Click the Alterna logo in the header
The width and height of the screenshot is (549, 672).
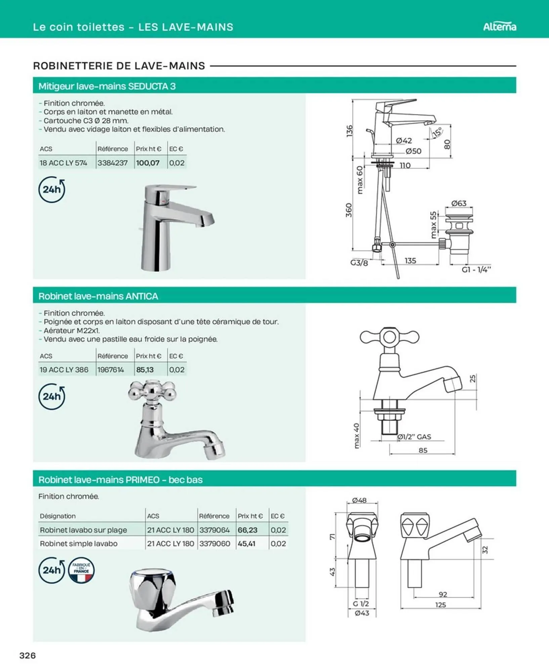tap(499, 27)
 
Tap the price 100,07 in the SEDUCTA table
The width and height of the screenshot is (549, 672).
tap(147, 163)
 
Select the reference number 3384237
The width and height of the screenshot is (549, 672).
tap(113, 163)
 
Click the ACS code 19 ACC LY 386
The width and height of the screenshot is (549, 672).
tap(64, 370)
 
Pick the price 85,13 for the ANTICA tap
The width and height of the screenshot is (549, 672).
tap(145, 370)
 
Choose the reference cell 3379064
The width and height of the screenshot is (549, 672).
tap(214, 530)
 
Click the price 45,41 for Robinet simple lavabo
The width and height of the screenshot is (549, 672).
tap(246, 543)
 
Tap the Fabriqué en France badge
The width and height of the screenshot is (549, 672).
tap(81, 570)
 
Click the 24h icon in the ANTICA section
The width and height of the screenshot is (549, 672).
tap(52, 396)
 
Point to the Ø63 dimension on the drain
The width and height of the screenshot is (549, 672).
tap(459, 203)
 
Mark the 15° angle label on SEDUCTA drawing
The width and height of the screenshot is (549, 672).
tap(437, 132)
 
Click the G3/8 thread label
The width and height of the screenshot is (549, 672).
tap(359, 263)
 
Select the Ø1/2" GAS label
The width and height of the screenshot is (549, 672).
tap(414, 437)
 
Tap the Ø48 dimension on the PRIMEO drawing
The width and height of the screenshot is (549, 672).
tap(359, 500)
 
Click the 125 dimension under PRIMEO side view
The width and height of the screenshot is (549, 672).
tap(440, 605)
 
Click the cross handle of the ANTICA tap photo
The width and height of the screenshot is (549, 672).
tap(152, 390)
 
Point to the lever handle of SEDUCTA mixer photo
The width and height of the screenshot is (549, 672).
tap(175, 188)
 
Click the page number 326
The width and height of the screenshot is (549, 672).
tap(28, 656)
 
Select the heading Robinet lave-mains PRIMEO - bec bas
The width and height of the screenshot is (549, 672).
tap(120, 479)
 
